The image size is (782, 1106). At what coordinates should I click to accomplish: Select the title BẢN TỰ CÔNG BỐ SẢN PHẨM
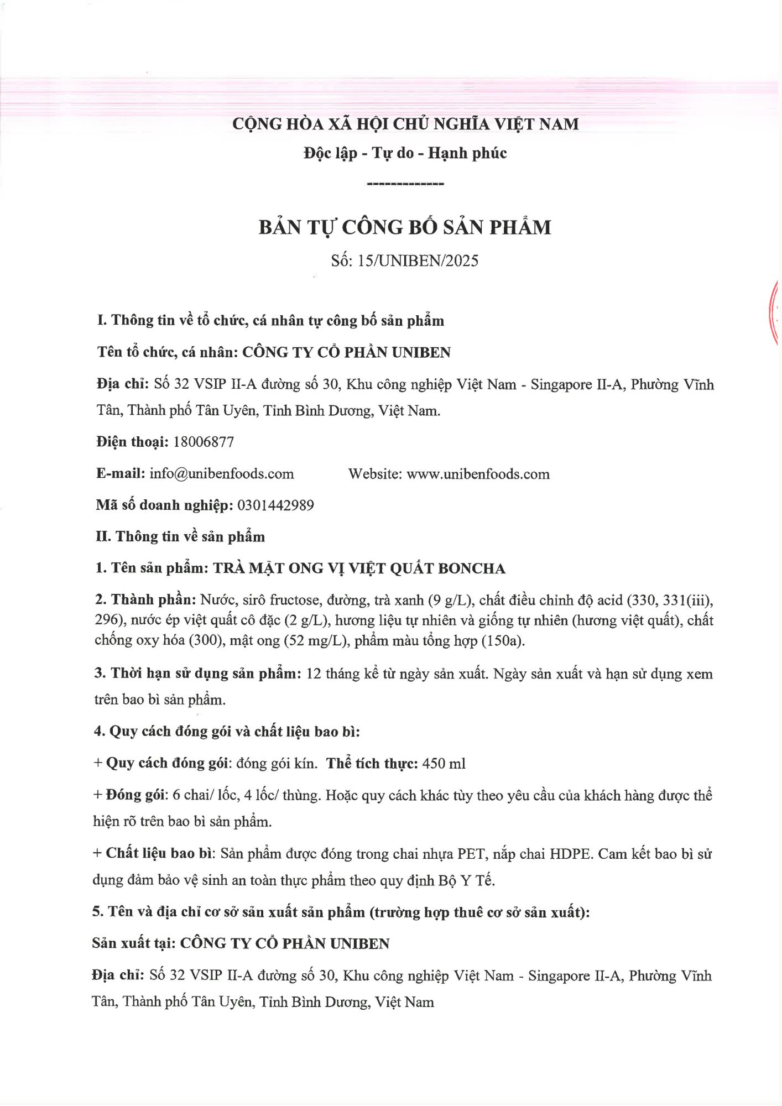tap(405, 227)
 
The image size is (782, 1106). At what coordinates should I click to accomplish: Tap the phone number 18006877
tap(204, 442)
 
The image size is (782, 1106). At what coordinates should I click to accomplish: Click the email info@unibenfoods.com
tap(221, 474)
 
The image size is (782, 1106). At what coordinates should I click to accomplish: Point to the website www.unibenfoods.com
tap(478, 474)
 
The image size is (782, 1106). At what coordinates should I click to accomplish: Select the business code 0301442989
tap(275, 505)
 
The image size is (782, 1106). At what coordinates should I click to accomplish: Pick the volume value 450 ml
tap(444, 764)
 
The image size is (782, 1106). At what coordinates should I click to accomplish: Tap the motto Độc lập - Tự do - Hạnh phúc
tap(405, 153)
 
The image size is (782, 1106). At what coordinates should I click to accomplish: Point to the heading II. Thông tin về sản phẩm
tap(180, 537)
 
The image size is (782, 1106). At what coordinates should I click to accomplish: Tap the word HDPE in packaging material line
tap(571, 854)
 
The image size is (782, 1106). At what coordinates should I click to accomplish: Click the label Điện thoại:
tap(132, 442)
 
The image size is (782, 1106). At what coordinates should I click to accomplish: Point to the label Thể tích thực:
tap(372, 764)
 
